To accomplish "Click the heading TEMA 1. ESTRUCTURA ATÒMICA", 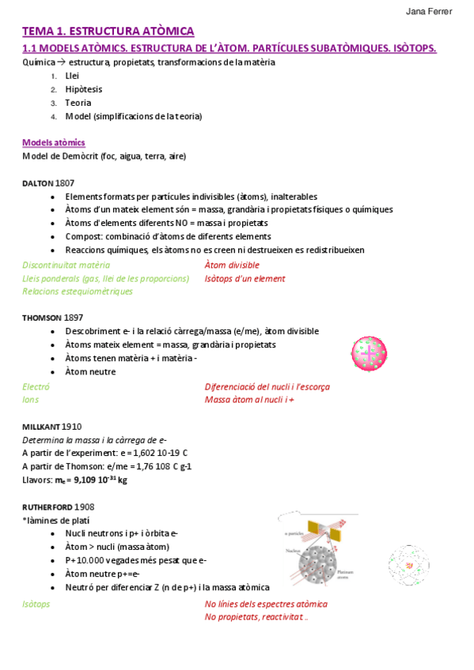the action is (108, 32).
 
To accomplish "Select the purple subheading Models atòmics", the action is (54, 143).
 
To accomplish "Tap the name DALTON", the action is (38, 183).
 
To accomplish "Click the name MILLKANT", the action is (40, 426).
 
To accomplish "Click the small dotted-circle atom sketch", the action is (409, 565).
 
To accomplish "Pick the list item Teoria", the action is (78, 103).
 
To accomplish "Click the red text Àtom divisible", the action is (232, 265).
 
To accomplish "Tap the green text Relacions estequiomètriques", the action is (77, 291).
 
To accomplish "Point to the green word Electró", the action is (36, 387).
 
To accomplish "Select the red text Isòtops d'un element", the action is (245, 278).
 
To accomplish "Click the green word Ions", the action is (31, 400).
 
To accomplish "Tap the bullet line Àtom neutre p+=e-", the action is (102, 574).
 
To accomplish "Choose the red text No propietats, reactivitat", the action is (255, 617).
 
